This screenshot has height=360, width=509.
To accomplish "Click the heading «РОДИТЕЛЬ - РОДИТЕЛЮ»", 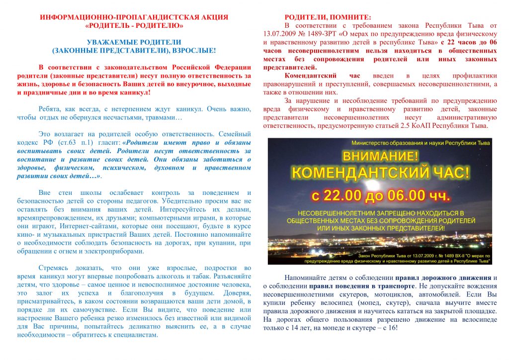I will tap(134, 25).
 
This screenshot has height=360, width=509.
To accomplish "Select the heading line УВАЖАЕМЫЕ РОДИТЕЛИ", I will tap(134, 42).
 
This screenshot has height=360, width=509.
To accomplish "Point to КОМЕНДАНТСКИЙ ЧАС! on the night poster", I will tap(380, 173).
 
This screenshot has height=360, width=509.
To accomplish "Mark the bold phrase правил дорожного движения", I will tap(443, 277).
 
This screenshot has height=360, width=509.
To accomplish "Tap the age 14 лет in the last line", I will tap(311, 328).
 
